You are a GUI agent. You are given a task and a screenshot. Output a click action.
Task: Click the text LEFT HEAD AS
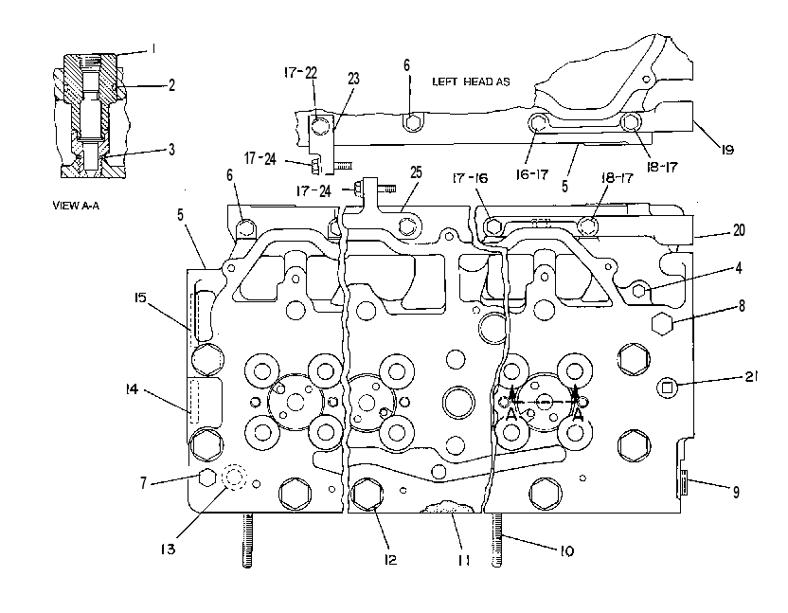coord(471,81)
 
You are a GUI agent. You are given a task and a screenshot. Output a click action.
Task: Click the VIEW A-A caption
coord(76,206)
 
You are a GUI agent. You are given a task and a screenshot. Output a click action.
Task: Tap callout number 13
coord(168,550)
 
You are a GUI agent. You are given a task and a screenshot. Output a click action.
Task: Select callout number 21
coord(751,376)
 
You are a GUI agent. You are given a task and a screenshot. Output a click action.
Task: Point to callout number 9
coord(736,492)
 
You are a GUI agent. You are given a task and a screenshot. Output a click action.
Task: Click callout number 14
coord(132,388)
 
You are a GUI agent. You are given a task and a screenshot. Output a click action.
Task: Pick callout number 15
coord(140,297)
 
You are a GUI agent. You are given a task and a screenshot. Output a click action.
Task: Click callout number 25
coord(416,172)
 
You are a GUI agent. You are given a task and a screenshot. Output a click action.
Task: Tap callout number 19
coord(727,150)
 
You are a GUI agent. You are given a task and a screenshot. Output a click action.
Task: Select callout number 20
coord(739,230)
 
